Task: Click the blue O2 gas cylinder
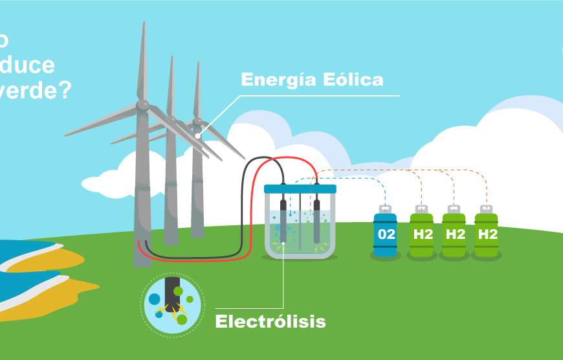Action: tap(386, 234)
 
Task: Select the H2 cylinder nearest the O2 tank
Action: tap(422, 234)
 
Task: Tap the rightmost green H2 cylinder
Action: tap(487, 234)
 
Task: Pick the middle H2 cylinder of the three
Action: tap(454, 234)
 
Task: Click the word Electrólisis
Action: tap(270, 321)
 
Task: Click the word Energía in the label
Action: tap(277, 80)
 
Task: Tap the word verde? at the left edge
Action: tap(36, 91)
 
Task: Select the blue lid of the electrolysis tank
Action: tap(300, 188)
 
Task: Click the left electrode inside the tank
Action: tap(283, 220)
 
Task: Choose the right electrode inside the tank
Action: tap(317, 220)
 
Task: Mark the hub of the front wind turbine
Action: tap(143, 104)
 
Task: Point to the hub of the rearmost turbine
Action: tap(197, 120)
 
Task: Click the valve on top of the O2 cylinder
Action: tap(386, 208)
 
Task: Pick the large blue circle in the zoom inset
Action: tap(155, 299)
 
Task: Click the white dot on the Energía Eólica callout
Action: tap(198, 135)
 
